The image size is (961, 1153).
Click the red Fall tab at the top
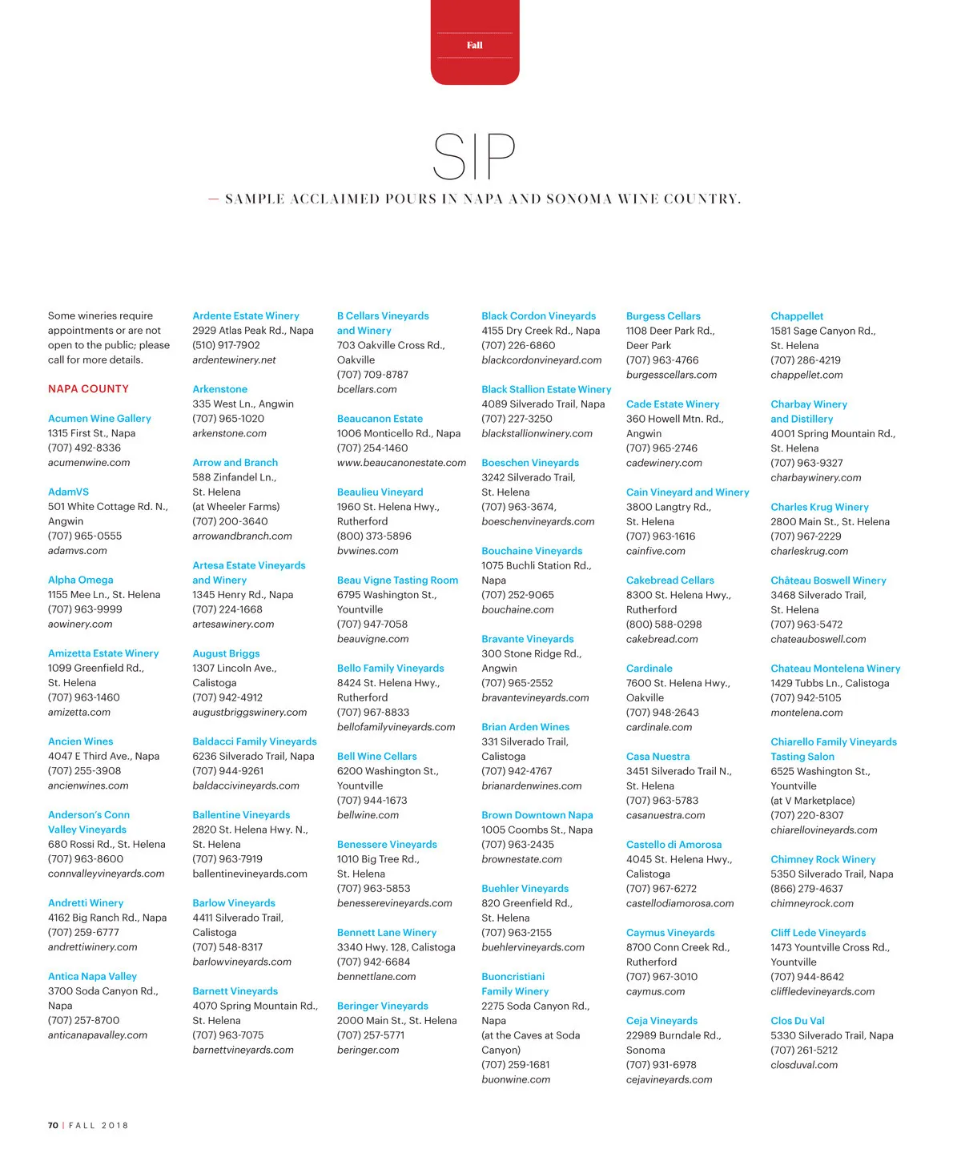pyautogui.click(x=475, y=45)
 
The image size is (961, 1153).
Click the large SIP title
pyautogui.click(x=474, y=157)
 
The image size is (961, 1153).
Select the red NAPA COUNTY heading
pyautogui.click(x=88, y=389)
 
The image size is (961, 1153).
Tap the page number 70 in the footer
pyautogui.click(x=53, y=1125)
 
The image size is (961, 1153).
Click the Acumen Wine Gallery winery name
pyautogui.click(x=99, y=419)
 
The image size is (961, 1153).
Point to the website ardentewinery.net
pyautogui.click(x=234, y=360)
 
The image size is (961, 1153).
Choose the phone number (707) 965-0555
pyautogui.click(x=85, y=536)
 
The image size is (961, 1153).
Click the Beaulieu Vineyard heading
pyautogui.click(x=380, y=492)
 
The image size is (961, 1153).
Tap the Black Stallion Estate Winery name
pyautogui.click(x=546, y=390)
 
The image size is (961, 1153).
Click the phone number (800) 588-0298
pyautogui.click(x=664, y=625)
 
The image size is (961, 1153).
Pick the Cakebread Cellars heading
pyautogui.click(x=669, y=581)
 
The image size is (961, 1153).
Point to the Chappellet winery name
pyautogui.click(x=797, y=316)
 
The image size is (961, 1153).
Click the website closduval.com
pyautogui.click(x=804, y=1065)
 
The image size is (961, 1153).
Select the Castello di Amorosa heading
pyautogui.click(x=674, y=845)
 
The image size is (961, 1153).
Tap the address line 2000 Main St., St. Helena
pyautogui.click(x=396, y=1021)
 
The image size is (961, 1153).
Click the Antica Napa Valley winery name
pyautogui.click(x=92, y=977)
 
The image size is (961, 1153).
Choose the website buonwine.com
pyautogui.click(x=516, y=1079)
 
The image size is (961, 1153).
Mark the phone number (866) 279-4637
pyautogui.click(x=806, y=889)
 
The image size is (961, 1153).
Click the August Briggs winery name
pyautogui.click(x=226, y=654)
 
